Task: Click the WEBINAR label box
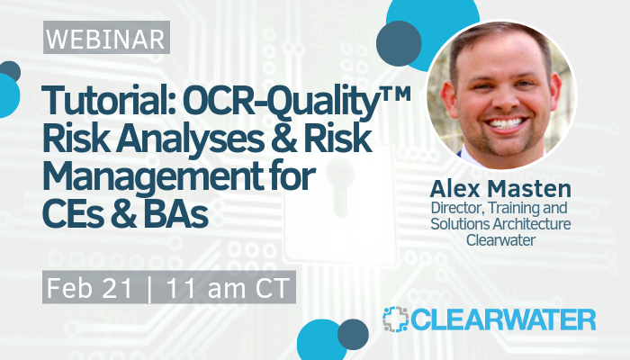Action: [106, 38]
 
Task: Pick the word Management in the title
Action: [153, 178]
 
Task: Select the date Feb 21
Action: [90, 288]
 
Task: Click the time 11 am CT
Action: [228, 288]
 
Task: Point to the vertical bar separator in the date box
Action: [150, 289]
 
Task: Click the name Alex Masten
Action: [500, 188]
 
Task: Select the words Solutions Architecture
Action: [500, 224]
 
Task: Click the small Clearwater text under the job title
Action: [500, 240]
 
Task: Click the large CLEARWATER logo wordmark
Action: [503, 319]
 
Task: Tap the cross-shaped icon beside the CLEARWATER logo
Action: [395, 319]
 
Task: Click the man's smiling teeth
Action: [507, 123]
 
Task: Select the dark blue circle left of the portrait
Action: [399, 43]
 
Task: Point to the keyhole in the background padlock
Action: [341, 185]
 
